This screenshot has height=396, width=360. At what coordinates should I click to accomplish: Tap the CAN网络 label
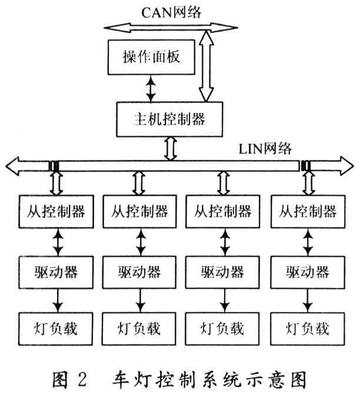point(172,11)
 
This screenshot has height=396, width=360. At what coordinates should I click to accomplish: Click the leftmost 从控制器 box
point(56,211)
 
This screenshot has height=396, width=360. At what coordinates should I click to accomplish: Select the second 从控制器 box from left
point(140,211)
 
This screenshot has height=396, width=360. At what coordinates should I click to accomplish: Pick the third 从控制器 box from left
point(223,211)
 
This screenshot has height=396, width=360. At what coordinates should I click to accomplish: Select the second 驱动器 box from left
point(140,271)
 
